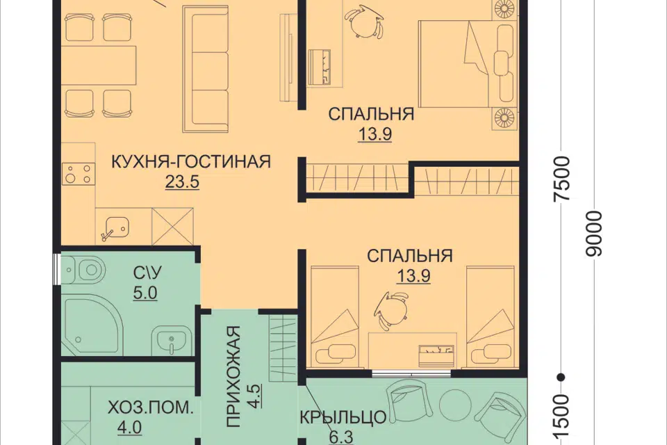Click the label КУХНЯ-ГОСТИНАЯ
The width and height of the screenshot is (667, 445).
click(x=190, y=162)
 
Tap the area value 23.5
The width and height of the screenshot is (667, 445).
click(x=181, y=182)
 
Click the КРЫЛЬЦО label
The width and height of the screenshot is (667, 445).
click(x=343, y=418)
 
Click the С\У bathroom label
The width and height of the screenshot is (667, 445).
click(x=146, y=273)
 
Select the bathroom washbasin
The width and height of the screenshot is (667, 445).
click(x=171, y=341)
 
